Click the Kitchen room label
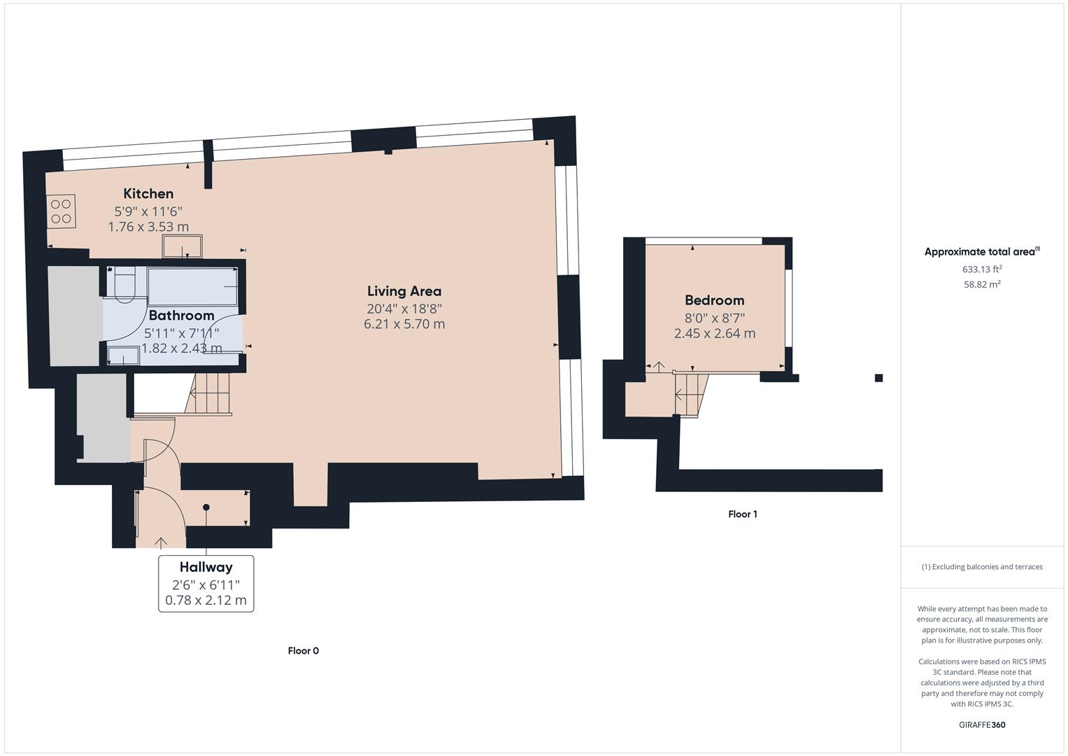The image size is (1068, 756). pos(148,194)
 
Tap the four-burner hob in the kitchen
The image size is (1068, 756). pos(62,211)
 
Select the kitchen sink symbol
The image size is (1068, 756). pos(183,246)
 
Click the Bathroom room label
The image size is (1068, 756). pos(181,316)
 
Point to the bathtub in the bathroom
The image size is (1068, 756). pos(193,286)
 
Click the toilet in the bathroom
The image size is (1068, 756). pos(124,286)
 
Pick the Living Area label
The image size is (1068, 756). pos(404,291)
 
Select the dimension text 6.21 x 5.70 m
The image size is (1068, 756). pos(404,324)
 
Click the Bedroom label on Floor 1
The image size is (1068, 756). pos(714,300)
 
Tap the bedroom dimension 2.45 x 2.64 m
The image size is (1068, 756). pos(714,334)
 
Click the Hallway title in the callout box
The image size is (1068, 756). pos(206,567)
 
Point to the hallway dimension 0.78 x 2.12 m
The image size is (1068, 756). pos(206,601)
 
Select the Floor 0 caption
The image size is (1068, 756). pos(303,651)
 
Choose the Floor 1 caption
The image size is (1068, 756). pos(742,514)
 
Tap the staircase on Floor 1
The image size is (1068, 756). pos(690,395)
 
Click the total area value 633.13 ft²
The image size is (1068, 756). pos(982,269)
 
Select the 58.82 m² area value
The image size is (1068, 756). pos(982,284)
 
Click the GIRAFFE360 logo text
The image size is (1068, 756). pos(982,724)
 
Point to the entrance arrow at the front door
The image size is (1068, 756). pos(161,542)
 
